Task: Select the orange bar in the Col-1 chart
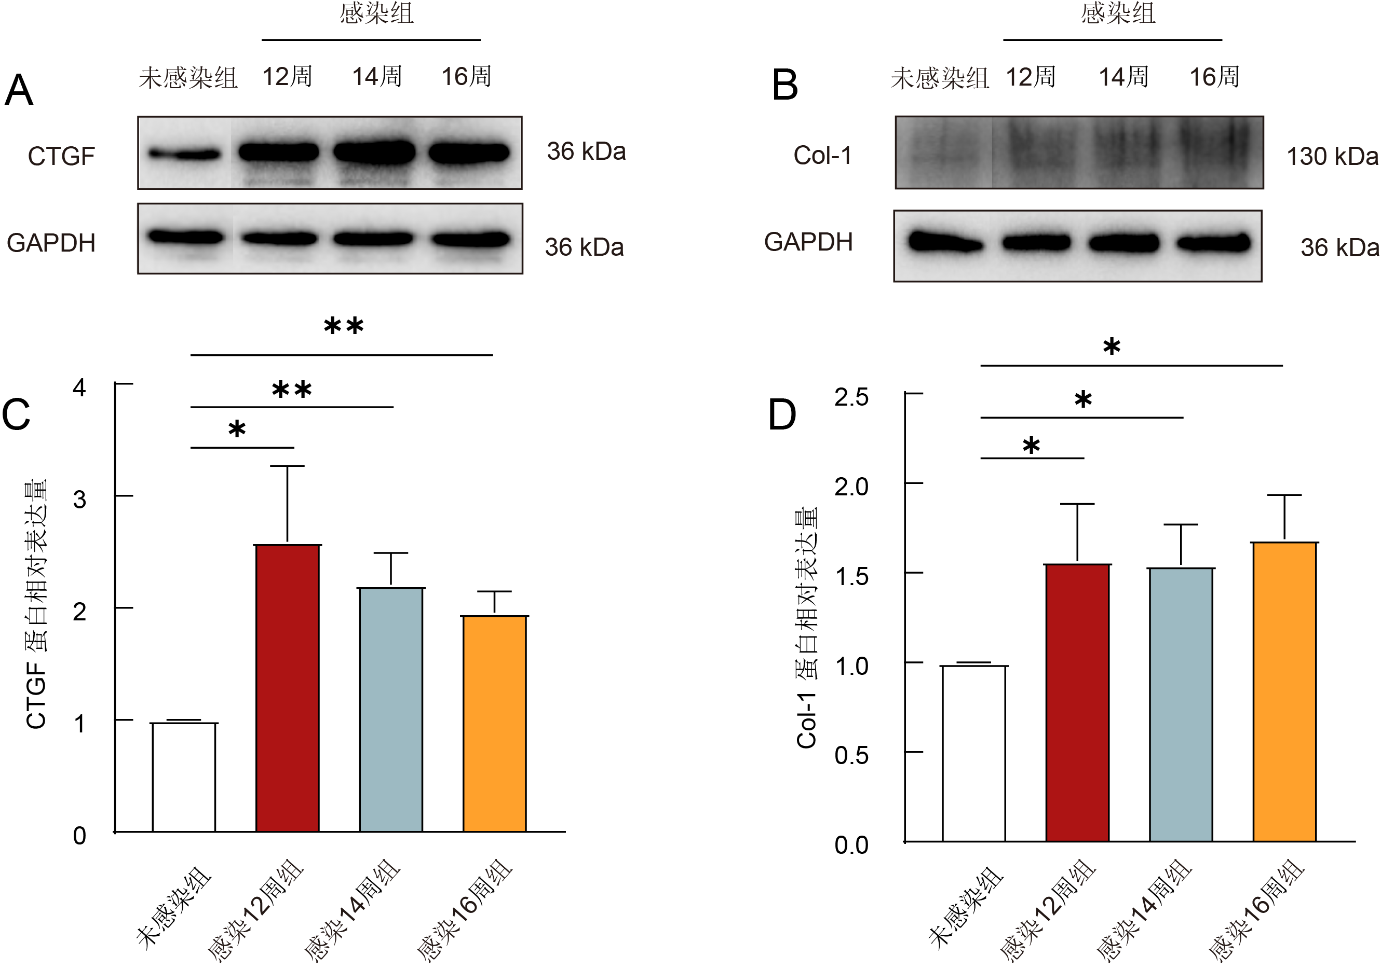(x=1285, y=691)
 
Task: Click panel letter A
(x=19, y=90)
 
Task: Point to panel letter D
(x=782, y=414)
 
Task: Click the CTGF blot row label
(x=61, y=156)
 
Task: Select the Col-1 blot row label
(x=822, y=155)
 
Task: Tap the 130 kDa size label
(x=1332, y=156)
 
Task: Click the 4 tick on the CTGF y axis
(x=79, y=387)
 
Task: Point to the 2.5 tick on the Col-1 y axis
(x=851, y=397)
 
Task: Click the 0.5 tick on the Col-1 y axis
(x=851, y=755)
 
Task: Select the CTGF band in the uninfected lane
(x=185, y=155)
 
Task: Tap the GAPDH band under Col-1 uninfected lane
(x=945, y=243)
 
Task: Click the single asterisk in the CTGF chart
(x=237, y=429)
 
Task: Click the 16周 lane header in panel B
(x=1214, y=77)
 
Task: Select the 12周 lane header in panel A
(x=288, y=76)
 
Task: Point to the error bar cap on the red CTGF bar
(x=288, y=466)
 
